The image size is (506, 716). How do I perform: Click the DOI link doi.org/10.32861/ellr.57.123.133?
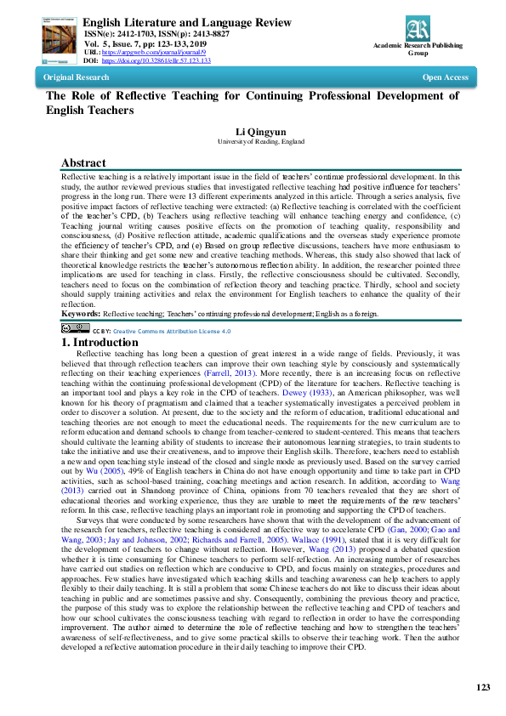[156, 61]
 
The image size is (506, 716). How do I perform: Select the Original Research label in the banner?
[77, 77]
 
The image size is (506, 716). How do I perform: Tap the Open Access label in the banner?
[445, 77]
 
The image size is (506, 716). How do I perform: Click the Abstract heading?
[83, 163]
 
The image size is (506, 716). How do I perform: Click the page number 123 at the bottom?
[483, 687]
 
